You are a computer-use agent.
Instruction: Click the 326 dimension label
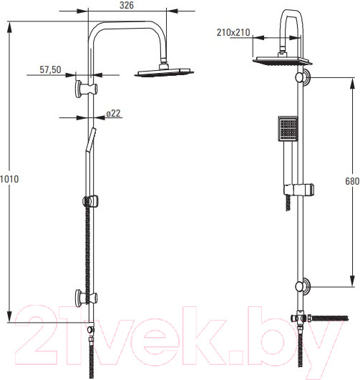coord(127,5)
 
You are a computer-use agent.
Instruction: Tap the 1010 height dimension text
coord(9,179)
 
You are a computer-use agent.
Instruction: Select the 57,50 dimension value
coord(50,69)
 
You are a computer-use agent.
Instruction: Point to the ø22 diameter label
coord(114,113)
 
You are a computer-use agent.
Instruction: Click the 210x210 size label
coord(233,32)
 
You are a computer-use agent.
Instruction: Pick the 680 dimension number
coord(352,181)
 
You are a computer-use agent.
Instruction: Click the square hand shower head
coord(288,128)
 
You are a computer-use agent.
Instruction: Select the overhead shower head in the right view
coord(282,60)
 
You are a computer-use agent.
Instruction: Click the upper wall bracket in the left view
coord(86,89)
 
